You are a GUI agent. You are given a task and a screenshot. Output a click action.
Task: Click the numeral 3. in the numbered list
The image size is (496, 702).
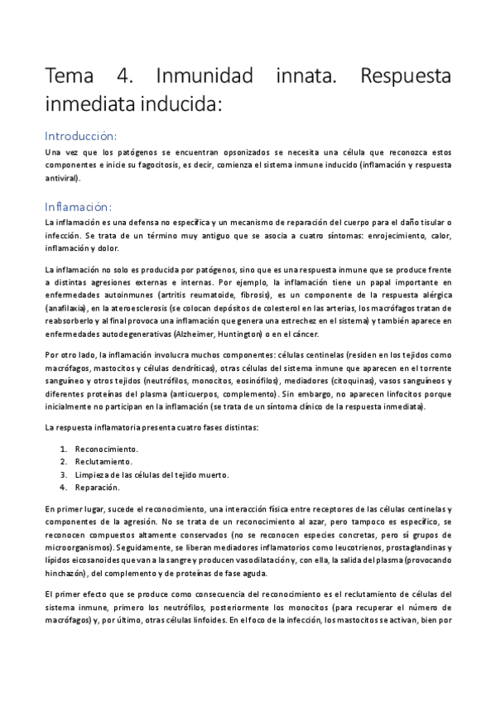pos(64,475)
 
